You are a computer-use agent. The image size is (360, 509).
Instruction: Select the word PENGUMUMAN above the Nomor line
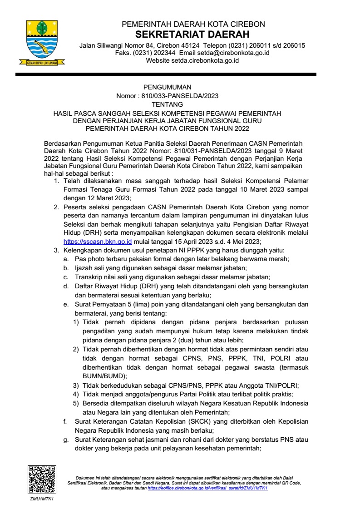pos(168,87)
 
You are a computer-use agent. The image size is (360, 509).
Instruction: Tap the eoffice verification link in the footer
pos(207,488)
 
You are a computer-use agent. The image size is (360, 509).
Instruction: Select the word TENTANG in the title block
pos(168,104)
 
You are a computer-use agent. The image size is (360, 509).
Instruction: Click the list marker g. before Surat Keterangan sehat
pos(65,440)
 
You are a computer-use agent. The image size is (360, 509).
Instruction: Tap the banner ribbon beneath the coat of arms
pos(41,63)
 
